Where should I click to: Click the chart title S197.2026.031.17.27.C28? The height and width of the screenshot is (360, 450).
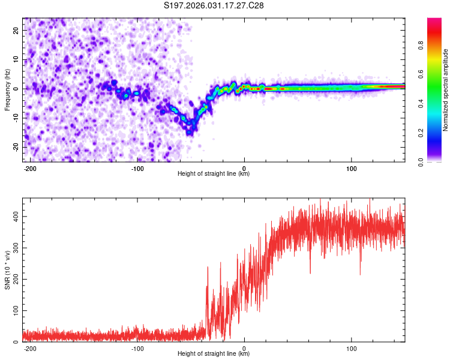click(214, 5)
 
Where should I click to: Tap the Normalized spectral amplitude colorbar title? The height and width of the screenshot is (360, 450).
click(445, 90)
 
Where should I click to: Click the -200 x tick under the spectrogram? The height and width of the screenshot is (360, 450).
click(30, 167)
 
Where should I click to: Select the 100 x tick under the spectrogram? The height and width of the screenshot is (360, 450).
click(351, 167)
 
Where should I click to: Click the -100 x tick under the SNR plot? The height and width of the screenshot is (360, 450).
click(137, 347)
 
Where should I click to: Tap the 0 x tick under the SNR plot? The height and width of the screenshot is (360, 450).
click(244, 347)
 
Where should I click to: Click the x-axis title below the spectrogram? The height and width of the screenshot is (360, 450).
click(214, 174)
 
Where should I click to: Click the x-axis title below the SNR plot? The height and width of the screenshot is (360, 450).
click(214, 354)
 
